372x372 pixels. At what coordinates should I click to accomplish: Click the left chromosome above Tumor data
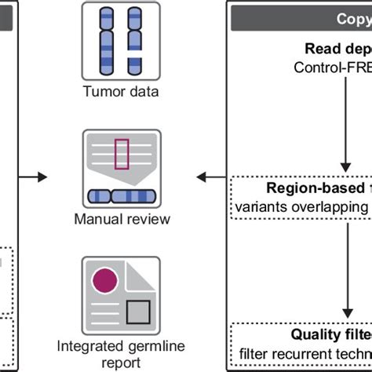click(107, 40)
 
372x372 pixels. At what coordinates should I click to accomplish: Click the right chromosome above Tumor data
click(130, 40)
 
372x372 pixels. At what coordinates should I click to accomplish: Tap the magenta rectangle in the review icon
click(122, 153)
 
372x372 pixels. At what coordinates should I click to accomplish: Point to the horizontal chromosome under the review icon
click(122, 195)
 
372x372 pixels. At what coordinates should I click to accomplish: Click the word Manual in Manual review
click(98, 219)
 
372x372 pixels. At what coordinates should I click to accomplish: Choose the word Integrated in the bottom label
click(87, 345)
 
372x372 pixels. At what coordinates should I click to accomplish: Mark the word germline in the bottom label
click(148, 345)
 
